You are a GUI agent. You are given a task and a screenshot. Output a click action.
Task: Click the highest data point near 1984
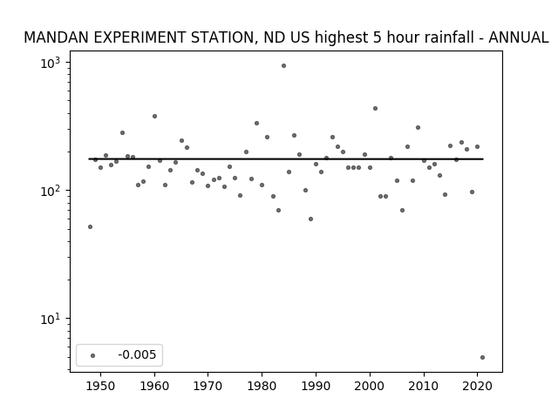283,66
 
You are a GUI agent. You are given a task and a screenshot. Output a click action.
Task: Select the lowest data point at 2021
482,358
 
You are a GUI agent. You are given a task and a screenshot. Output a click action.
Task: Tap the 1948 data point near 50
90,226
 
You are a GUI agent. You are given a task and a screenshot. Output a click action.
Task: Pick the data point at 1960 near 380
154,116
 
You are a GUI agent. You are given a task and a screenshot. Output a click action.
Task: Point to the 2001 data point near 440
375,108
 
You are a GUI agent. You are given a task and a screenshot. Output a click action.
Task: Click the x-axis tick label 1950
101,386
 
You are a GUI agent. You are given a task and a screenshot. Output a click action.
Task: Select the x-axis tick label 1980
262,386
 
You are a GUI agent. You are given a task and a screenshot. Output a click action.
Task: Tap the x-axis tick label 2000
370,386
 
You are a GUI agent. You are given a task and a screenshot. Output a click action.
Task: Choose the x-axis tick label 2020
477,386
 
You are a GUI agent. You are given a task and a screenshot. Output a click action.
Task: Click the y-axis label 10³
51,64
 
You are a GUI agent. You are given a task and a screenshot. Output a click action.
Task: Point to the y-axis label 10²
51,192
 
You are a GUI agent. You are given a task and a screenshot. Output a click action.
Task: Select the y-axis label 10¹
51,320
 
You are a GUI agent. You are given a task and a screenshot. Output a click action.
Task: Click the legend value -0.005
137,354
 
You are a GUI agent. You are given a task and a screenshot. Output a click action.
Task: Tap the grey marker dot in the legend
92,355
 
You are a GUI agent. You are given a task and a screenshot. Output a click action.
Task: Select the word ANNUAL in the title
519,37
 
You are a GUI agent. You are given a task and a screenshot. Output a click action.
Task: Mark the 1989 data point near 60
310,219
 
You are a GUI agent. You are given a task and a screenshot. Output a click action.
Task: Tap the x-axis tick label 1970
208,386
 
